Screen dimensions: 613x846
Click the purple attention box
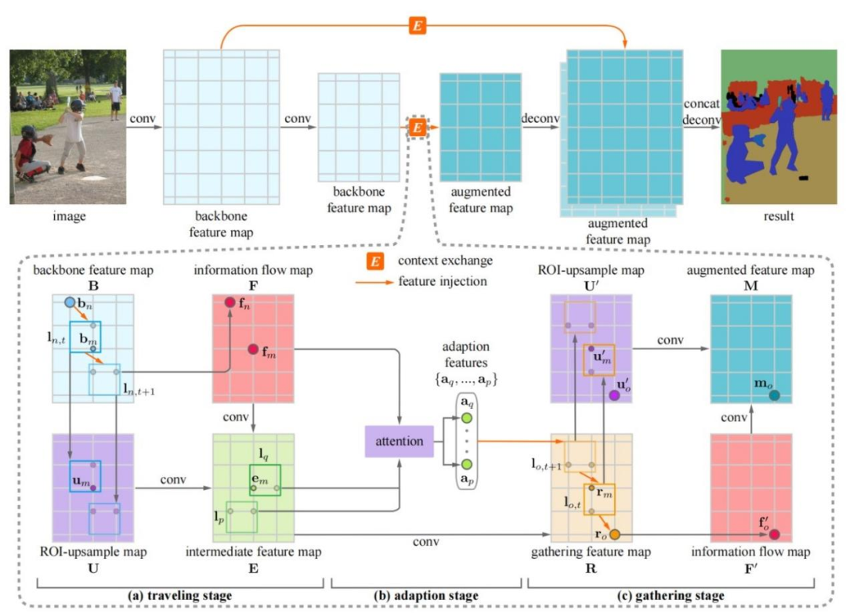399,442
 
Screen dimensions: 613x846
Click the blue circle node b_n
70,302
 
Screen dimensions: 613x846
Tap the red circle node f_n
230,302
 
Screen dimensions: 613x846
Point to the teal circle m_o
774,396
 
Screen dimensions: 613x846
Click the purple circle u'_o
615,396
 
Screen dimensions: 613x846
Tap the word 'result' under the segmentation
780,216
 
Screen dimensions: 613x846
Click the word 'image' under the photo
67,216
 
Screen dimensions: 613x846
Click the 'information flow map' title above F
252,272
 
